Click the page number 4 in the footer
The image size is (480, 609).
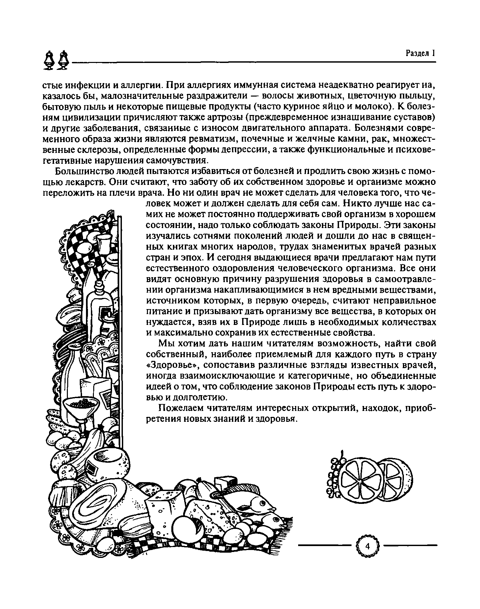click(x=368, y=546)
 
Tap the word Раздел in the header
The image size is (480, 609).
click(x=417, y=53)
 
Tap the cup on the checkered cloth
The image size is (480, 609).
click(x=103, y=243)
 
